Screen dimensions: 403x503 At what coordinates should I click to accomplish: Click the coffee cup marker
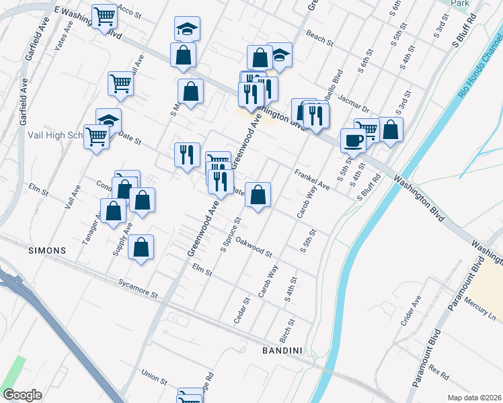tap(353, 140)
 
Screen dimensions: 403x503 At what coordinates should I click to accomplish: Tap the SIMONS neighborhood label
tap(47, 251)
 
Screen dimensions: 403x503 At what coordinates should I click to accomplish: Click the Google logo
tap(22, 394)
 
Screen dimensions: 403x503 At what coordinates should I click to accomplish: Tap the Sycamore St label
tap(137, 289)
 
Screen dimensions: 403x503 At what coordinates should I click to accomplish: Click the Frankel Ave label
tap(312, 179)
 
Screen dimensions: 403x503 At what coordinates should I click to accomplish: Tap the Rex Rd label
tap(438, 371)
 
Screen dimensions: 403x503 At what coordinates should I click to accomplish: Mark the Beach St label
tap(319, 37)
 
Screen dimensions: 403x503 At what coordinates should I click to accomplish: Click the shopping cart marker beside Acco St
tap(104, 16)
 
